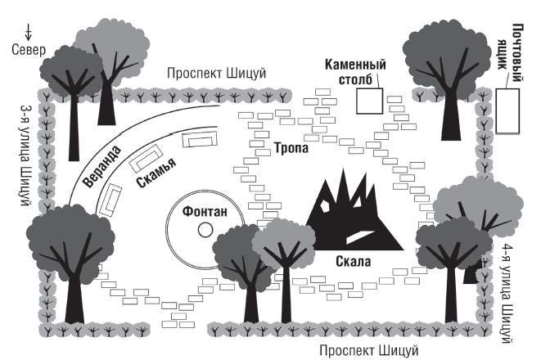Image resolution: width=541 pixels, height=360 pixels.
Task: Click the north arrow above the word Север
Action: [x=29, y=33]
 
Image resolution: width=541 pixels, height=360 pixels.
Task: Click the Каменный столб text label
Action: [x=355, y=72]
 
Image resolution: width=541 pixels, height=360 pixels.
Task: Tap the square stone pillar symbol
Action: [x=370, y=101]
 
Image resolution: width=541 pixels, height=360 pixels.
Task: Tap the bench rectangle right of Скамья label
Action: [x=200, y=138]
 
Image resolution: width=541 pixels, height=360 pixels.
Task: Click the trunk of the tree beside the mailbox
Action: [x=450, y=115]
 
